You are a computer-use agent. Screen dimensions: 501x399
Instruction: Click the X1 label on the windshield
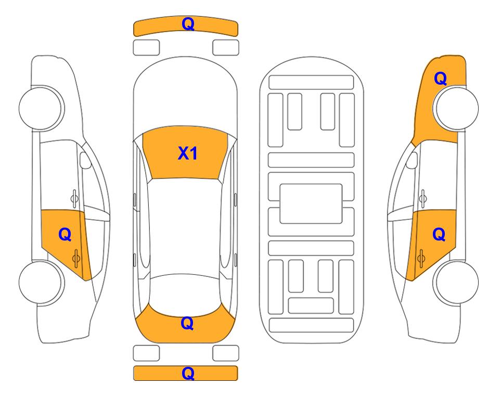click(188, 153)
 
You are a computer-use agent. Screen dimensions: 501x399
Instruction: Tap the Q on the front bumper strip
click(188, 24)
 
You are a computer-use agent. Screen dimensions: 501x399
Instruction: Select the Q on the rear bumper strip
click(188, 373)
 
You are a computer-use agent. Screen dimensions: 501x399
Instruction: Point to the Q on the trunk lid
click(187, 324)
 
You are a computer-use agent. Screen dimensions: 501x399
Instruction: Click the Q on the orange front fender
click(440, 78)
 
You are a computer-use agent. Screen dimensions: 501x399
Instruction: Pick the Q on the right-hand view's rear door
click(439, 235)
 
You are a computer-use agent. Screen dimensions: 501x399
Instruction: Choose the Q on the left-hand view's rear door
click(65, 235)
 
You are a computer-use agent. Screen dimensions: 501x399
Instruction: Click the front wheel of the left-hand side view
click(41, 108)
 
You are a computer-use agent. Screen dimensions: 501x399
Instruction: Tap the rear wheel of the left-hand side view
click(41, 282)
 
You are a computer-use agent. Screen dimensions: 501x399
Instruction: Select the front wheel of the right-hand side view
click(456, 108)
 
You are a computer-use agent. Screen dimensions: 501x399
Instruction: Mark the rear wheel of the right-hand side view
click(456, 282)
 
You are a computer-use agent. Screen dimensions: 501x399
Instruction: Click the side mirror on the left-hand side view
click(85, 160)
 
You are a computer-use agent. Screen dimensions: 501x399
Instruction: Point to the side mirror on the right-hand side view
click(412, 160)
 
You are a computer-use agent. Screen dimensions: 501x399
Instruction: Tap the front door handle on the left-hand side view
click(74, 198)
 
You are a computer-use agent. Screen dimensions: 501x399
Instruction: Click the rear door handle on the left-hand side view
click(76, 258)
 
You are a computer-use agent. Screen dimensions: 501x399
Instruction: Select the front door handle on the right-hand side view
click(423, 198)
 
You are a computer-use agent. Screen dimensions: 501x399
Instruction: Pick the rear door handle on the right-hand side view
click(421, 258)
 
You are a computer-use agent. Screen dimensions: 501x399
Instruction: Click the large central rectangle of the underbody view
click(311, 204)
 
